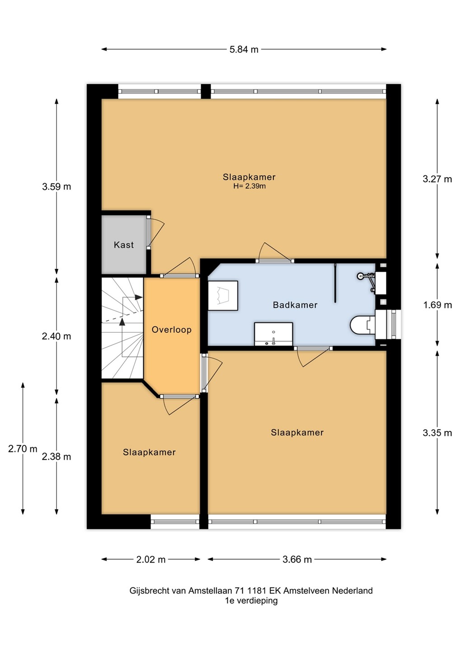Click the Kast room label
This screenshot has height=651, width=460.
coord(124,245)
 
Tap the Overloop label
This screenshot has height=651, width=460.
coord(172,330)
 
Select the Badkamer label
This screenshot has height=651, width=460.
coord(295,305)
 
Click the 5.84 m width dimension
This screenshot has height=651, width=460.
coord(244,49)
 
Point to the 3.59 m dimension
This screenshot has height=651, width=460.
coord(56,186)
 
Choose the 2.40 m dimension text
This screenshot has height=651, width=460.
coord(56,336)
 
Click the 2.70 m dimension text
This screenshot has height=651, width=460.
coord(23,449)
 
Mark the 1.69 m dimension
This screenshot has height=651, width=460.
coord(437,305)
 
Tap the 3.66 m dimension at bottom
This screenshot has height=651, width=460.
coord(297,559)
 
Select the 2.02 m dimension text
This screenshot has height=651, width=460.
coord(151,559)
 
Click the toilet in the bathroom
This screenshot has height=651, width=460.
coord(363,325)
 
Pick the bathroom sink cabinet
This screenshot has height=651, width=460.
coord(273,334)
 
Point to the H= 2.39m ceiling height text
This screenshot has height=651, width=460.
coord(249,186)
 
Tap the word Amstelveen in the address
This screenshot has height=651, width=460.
coord(306,590)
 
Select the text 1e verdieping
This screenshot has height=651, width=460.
coord(251,600)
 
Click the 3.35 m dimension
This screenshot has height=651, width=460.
coord(437,433)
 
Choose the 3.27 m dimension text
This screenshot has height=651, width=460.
coord(437,179)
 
